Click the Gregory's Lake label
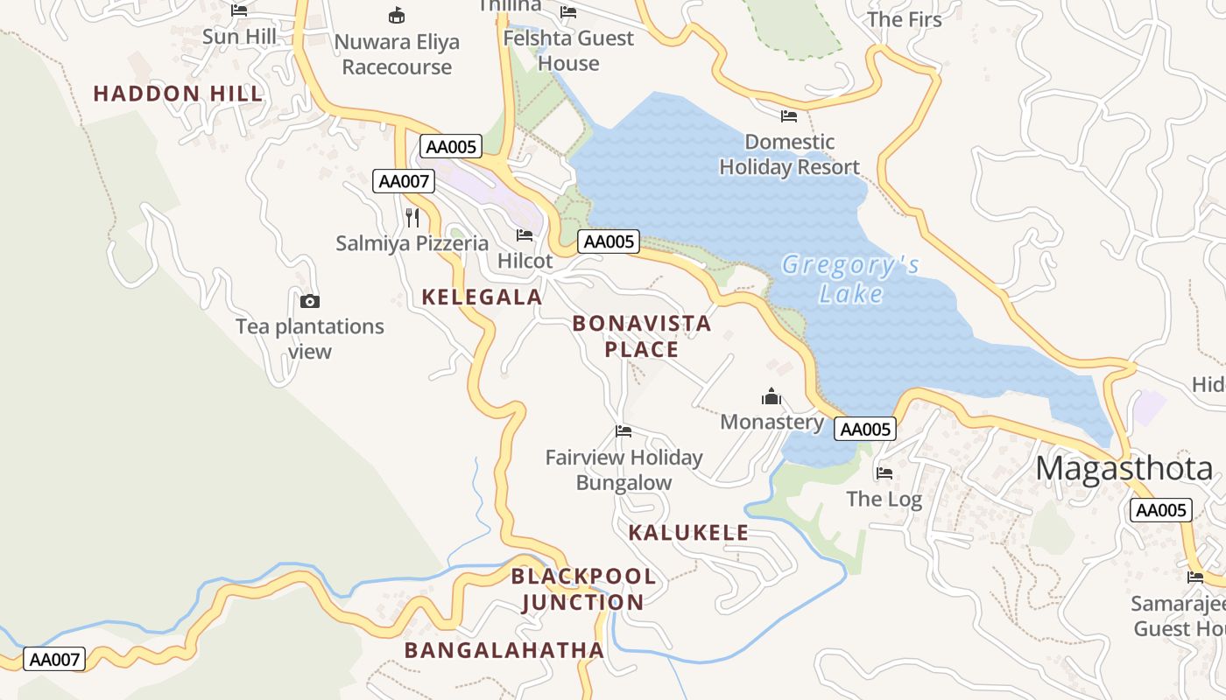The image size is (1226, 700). (x=850, y=278)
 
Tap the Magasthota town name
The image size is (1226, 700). (x=1124, y=469)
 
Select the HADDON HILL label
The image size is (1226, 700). (x=178, y=94)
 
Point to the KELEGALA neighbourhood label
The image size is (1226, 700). (x=482, y=297)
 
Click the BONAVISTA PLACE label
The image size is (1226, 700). (x=642, y=337)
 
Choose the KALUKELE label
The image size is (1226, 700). (x=688, y=533)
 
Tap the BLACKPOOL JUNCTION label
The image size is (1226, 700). (x=583, y=589)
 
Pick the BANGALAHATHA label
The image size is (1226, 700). (x=504, y=650)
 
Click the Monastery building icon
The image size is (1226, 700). (x=771, y=397)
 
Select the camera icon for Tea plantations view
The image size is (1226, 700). (x=309, y=302)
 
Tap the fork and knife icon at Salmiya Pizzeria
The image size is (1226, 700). (x=412, y=218)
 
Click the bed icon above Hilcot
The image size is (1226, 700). (x=525, y=235)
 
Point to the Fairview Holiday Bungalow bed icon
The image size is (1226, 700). (x=624, y=430)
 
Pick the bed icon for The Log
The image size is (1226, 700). (x=884, y=473)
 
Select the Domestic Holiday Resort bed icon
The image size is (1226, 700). (x=789, y=115)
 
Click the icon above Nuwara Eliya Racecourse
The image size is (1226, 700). (x=397, y=15)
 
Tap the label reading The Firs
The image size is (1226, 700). (x=905, y=19)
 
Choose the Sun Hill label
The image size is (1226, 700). (x=239, y=37)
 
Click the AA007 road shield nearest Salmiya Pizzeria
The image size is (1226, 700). (x=404, y=181)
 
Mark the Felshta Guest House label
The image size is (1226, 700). (x=568, y=51)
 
